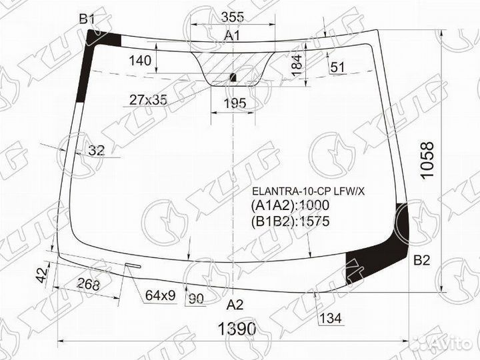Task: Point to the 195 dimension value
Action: [x=233, y=103]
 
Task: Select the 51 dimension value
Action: [x=337, y=67]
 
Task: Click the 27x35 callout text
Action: [x=148, y=101]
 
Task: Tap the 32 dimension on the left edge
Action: [x=96, y=151]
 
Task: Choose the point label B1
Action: [x=87, y=20]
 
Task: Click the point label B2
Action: [x=422, y=260]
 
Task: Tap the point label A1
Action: [x=232, y=35]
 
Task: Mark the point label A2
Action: [x=235, y=305]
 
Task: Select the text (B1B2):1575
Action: [x=291, y=221]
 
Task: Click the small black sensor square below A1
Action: [x=232, y=77]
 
